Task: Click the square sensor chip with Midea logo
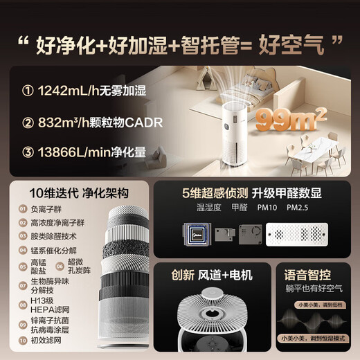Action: pos(197,233)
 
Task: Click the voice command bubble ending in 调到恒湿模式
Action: pos(314,341)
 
